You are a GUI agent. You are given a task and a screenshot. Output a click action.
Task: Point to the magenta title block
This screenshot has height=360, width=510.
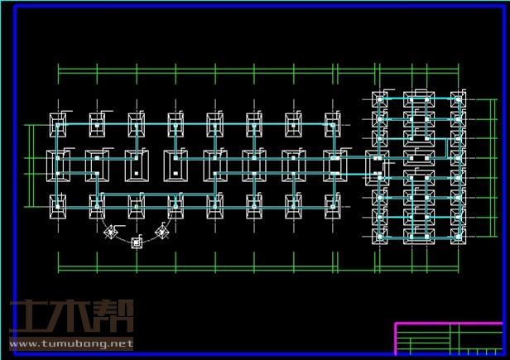(x=448, y=338)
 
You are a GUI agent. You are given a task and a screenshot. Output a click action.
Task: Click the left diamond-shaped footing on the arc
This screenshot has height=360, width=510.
(x=111, y=233)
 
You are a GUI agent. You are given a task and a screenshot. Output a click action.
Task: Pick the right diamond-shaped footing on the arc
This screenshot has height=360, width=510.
(x=162, y=233)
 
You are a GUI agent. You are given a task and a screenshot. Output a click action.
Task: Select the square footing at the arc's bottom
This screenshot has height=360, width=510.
(x=137, y=242)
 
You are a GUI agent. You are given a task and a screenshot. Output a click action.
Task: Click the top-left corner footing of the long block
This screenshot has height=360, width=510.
(x=58, y=125)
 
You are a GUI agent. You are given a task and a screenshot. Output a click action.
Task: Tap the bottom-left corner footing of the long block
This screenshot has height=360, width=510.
(x=58, y=204)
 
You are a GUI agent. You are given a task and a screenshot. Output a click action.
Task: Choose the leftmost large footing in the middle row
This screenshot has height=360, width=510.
(x=58, y=165)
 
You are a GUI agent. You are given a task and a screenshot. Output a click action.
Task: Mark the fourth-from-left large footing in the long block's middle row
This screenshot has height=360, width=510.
(x=176, y=165)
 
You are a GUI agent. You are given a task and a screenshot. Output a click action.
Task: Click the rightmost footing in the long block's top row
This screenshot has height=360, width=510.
(x=333, y=125)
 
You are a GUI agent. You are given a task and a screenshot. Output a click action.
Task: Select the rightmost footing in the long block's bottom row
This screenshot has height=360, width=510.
(x=333, y=204)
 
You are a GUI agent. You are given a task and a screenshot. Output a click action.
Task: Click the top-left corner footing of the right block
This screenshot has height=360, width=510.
(x=380, y=99)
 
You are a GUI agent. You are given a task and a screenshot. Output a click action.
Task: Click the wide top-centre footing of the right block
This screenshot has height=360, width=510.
(x=418, y=100)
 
